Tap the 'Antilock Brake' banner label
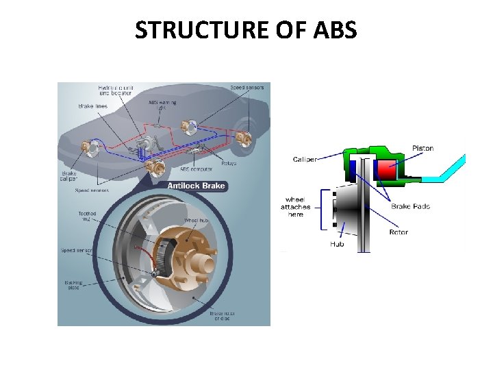[197, 186]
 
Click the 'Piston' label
[422, 148]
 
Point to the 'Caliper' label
[305, 160]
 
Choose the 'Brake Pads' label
[411, 206]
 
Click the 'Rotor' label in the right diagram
[399, 232]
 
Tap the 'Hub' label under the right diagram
[337, 243]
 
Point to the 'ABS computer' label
[196, 168]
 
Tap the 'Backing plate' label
[73, 284]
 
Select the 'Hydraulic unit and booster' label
[116, 90]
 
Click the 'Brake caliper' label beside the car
[68, 176]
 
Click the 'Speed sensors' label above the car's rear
[246, 87]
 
